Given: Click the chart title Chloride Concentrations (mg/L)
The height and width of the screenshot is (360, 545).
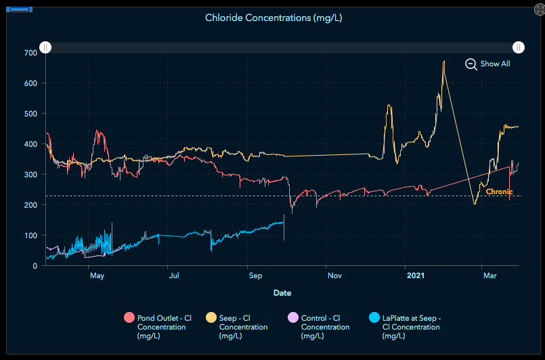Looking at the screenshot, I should pos(274,18).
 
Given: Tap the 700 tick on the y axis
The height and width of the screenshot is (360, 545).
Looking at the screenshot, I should pos(29,53).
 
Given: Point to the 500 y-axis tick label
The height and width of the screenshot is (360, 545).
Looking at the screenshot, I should pos(29,114).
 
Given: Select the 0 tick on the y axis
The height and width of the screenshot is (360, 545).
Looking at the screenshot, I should pos(35,266).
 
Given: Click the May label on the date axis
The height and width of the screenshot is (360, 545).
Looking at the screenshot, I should pos(97,276).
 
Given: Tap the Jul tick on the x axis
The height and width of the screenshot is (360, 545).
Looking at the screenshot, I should pos(174,276).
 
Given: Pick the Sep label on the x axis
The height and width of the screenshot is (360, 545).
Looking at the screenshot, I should pos(255,276).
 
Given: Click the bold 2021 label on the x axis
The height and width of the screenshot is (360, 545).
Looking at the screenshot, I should pos(415,276).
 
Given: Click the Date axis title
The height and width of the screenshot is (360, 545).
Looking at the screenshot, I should pos(282,293).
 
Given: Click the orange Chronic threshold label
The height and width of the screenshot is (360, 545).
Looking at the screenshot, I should pos(499,192).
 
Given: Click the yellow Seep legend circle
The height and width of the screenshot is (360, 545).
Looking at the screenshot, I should pos(211,318).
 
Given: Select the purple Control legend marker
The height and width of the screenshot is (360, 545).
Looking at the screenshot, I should pos(293,318).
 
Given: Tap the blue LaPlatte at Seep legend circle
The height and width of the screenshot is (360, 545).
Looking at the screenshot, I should pos(375,318).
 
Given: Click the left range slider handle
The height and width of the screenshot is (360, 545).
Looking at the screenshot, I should pos(45,47).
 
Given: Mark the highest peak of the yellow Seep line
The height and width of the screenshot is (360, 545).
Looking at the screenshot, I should pos(444,61).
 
